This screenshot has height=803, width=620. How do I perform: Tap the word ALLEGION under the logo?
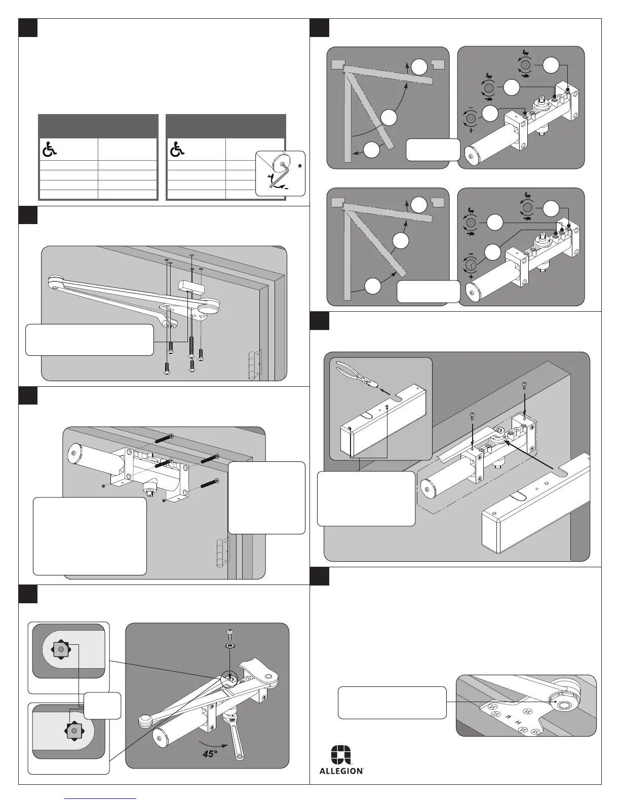[x=341, y=771]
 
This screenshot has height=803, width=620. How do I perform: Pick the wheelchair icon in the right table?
[x=177, y=149]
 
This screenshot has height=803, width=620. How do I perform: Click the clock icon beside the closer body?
[x=471, y=264]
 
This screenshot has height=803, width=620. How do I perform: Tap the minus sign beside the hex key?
[x=287, y=187]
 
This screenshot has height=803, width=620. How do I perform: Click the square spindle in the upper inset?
[x=61, y=649]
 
